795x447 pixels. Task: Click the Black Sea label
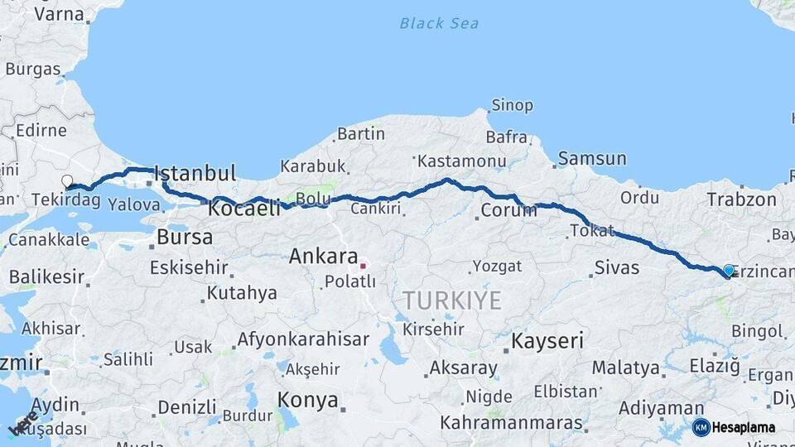pyautogui.click(x=439, y=23)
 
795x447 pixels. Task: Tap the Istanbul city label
pyautogui.click(x=195, y=174)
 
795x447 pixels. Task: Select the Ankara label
pyautogui.click(x=323, y=257)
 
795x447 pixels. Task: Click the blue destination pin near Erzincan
pyautogui.click(x=729, y=270)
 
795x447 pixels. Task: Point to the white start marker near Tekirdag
pyautogui.click(x=67, y=180)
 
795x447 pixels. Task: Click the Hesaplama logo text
pyautogui.click(x=743, y=427)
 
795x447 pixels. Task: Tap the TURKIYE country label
pyautogui.click(x=451, y=300)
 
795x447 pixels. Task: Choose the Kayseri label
pyautogui.click(x=547, y=340)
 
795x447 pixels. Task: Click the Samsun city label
pyautogui.click(x=592, y=158)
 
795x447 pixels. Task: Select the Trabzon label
pyautogui.click(x=742, y=199)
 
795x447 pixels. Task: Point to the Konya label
pyautogui.click(x=308, y=401)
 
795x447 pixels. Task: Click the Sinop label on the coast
pyautogui.click(x=512, y=106)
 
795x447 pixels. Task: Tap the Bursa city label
pyautogui.click(x=185, y=238)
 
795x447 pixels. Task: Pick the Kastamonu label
pyautogui.click(x=461, y=161)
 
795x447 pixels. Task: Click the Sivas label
pyautogui.click(x=617, y=267)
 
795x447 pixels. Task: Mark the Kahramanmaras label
pyautogui.click(x=511, y=423)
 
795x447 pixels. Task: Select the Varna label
pyautogui.click(x=59, y=14)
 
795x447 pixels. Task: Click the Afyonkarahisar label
pyautogui.click(x=303, y=339)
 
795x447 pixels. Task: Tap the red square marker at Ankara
pyautogui.click(x=362, y=266)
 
